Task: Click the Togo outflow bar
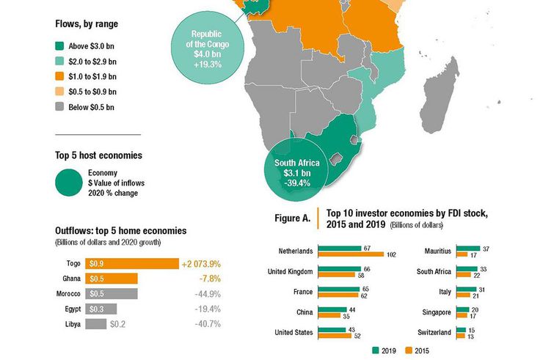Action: pos(132,263)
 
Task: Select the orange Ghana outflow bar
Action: pos(111,279)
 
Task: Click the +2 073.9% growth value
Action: pos(202,263)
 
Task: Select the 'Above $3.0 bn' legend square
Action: pos(59,45)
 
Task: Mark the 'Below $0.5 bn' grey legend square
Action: pos(59,107)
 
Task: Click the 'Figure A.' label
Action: pos(291,218)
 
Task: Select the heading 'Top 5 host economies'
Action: pos(98,155)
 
